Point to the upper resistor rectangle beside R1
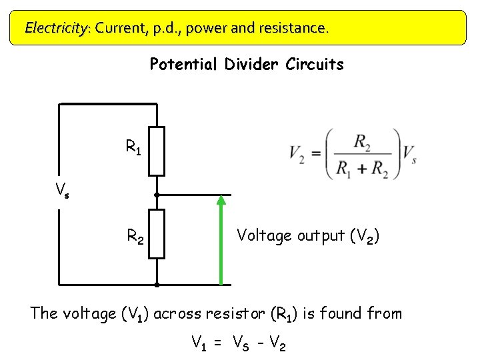coord(157,149)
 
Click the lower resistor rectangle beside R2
coord(157,233)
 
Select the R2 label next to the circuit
coord(136,235)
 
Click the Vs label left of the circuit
coord(62,191)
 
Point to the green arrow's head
coord(221,199)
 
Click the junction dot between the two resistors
coord(157,195)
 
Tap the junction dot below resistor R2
coord(157,285)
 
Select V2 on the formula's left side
coord(297,154)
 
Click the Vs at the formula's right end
coord(409,153)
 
